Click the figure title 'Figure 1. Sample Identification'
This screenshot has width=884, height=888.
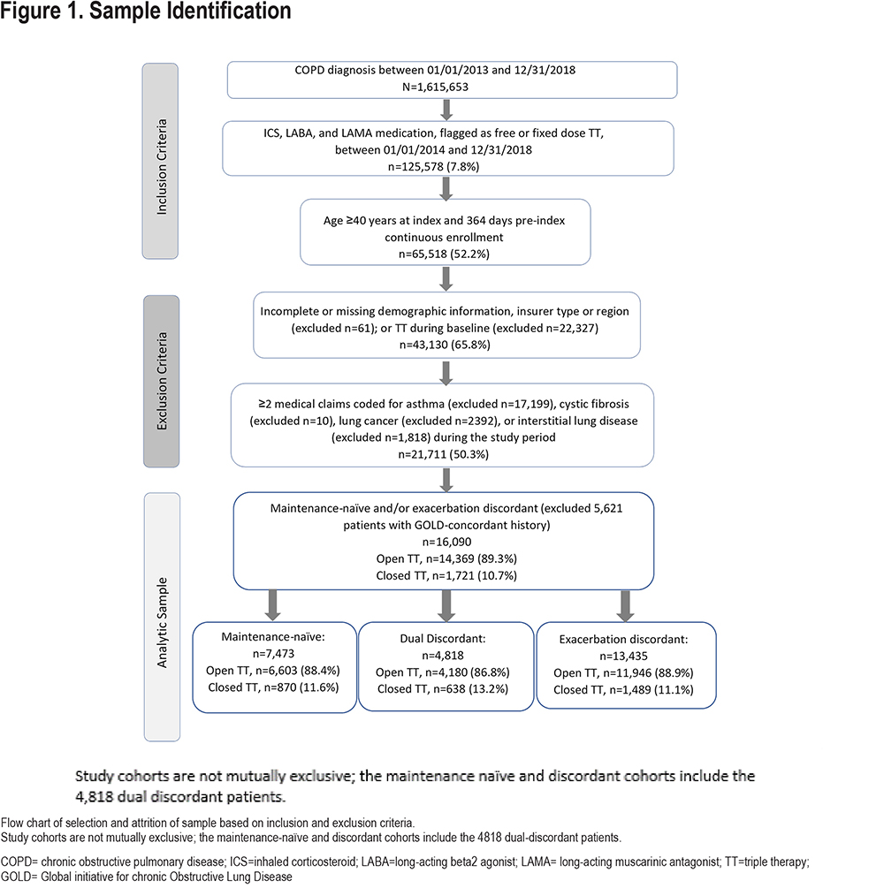pos(146,11)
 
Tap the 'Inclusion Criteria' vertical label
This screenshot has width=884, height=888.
pos(162,166)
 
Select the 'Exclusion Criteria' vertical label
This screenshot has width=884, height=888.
pos(162,381)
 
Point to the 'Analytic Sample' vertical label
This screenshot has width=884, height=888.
pos(162,622)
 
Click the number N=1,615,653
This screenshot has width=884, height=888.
pos(435,87)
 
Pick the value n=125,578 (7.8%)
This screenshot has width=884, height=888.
pos(433,166)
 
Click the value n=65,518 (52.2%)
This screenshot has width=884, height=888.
pos(445,254)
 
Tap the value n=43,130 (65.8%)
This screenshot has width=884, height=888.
pos(445,345)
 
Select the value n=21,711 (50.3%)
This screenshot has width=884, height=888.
pos(444,454)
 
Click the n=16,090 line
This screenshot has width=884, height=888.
pos(446,542)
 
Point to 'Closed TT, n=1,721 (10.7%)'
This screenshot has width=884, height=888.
pos(446,575)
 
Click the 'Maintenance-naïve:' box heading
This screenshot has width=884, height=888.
pos(273,636)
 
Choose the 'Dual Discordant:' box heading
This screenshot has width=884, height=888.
pos(443,638)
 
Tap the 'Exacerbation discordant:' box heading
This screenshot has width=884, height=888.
pos(624,639)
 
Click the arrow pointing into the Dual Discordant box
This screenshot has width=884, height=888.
pos(446,605)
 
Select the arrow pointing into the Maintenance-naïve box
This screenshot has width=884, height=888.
pos(272,605)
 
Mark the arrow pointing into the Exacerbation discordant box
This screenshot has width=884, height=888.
pos(625,606)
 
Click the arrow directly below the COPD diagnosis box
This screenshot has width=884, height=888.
pos(446,110)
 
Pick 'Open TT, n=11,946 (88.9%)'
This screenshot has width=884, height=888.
pos(623,672)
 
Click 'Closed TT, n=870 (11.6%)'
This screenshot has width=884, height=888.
pos(273,687)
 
